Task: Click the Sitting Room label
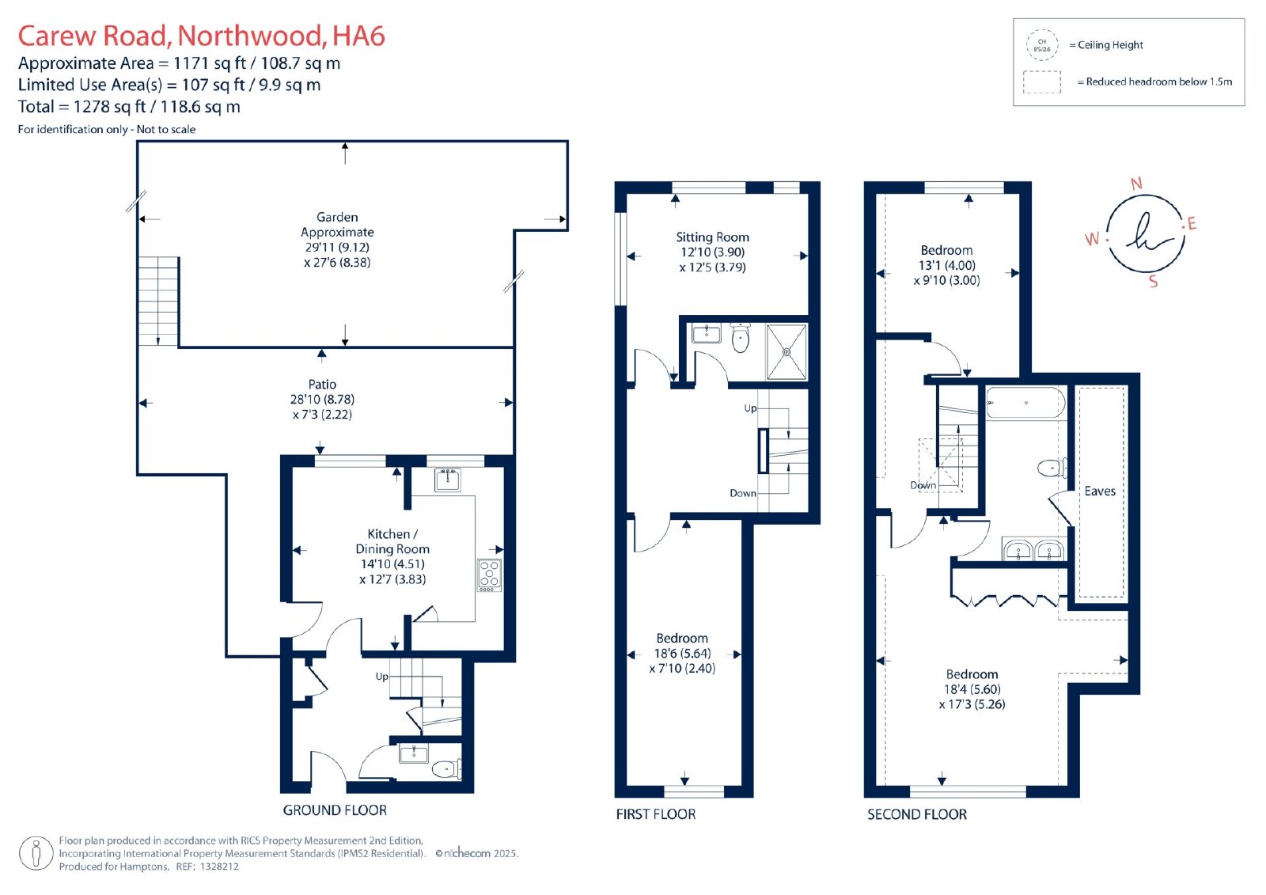pyautogui.click(x=712, y=237)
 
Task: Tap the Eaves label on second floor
pyautogui.click(x=1099, y=491)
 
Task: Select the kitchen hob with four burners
pyautogui.click(x=489, y=575)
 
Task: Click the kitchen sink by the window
pyautogui.click(x=448, y=480)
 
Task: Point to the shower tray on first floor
pyautogui.click(x=787, y=351)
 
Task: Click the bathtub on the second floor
pyautogui.click(x=1025, y=402)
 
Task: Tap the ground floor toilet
pyautogui.click(x=446, y=769)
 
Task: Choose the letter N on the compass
pyautogui.click(x=1136, y=183)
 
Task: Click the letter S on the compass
pyautogui.click(x=1153, y=281)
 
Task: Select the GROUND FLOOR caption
pyautogui.click(x=335, y=810)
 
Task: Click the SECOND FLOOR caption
pyautogui.click(x=917, y=814)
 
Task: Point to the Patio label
pyautogui.click(x=322, y=385)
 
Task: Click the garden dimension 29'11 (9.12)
pyautogui.click(x=337, y=247)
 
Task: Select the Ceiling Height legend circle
pyautogui.click(x=1041, y=45)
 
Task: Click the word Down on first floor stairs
pyautogui.click(x=743, y=493)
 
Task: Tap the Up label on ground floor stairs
pyautogui.click(x=382, y=677)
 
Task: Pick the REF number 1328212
pyautogui.click(x=218, y=867)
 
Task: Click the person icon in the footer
pyautogui.click(x=36, y=853)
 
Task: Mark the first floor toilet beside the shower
pyautogui.click(x=740, y=338)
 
